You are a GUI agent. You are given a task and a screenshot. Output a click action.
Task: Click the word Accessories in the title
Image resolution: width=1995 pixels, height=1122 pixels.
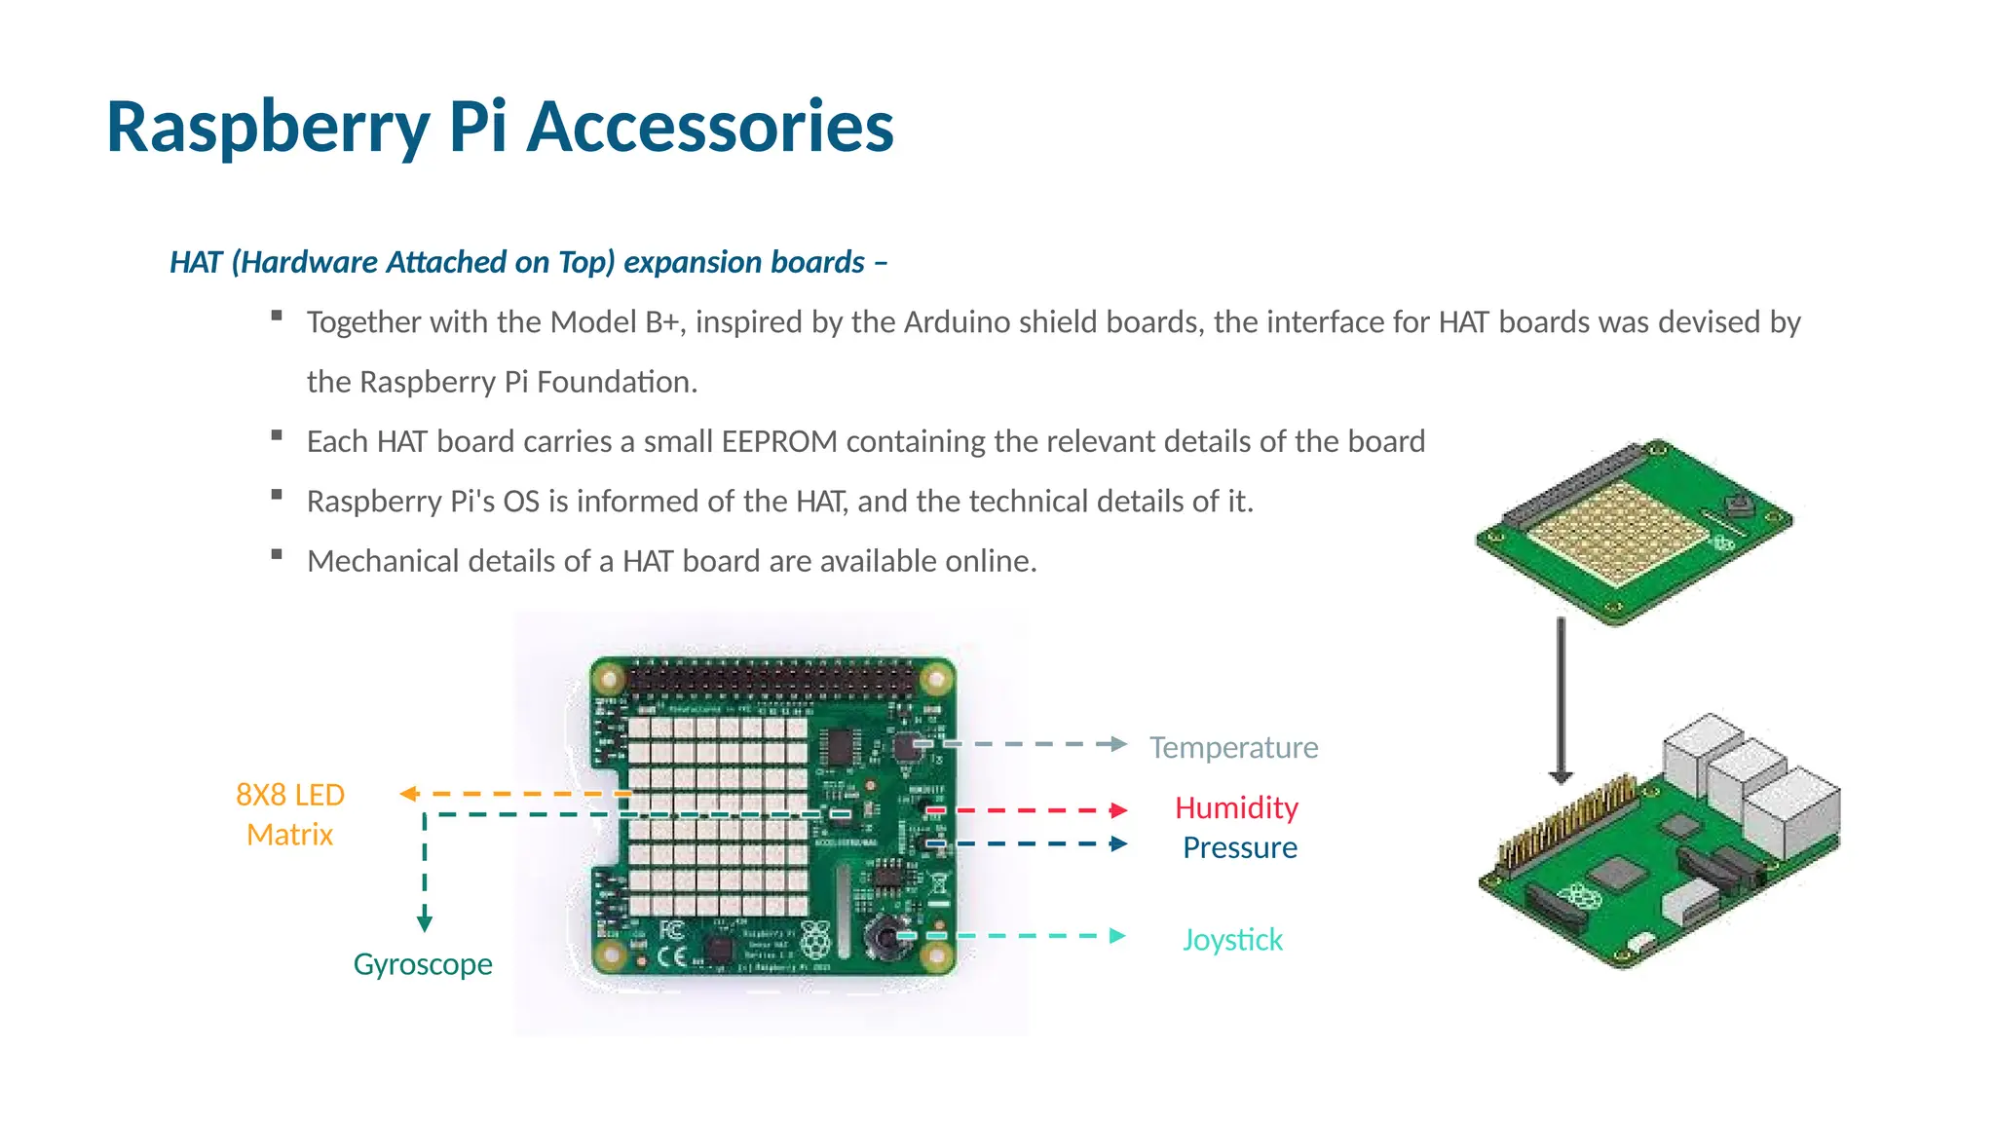coord(709,127)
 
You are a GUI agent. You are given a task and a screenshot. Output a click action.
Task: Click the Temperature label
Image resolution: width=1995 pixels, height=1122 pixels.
coord(1233,747)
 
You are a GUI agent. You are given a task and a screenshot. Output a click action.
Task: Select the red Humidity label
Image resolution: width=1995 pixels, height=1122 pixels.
coord(1236,807)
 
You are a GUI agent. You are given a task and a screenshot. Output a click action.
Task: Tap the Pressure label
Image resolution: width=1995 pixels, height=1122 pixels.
coord(1239,847)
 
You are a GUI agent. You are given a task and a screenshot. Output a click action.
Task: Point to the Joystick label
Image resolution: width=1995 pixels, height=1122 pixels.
coord(1232,939)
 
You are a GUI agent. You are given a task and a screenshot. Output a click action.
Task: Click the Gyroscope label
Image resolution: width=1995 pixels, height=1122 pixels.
coord(422,963)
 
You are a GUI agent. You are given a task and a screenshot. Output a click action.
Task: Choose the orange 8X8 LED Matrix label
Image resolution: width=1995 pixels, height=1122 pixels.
coord(290,814)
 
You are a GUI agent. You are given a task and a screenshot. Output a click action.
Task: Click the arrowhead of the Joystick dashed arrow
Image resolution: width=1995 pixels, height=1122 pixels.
coord(1118,936)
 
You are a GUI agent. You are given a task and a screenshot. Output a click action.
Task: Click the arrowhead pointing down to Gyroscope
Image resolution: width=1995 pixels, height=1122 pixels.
coord(425,921)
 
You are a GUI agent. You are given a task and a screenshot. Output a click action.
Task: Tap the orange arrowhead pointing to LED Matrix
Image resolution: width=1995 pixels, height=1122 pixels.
coord(409,794)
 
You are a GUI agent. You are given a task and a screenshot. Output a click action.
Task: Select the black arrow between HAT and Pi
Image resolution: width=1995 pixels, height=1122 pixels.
coord(1561,701)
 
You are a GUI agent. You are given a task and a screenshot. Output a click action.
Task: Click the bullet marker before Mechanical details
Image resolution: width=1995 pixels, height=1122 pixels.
coord(277,554)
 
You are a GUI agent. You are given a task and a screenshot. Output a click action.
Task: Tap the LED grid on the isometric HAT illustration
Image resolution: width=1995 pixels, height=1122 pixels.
coord(1617,531)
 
